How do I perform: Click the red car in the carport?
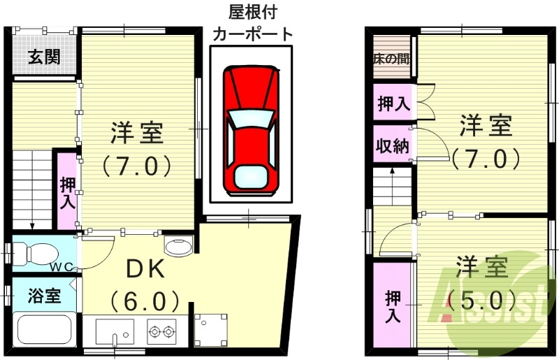(250, 129)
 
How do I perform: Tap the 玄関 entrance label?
(44, 57)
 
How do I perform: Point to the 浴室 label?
(44, 296)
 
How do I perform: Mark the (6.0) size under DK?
(145, 302)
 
